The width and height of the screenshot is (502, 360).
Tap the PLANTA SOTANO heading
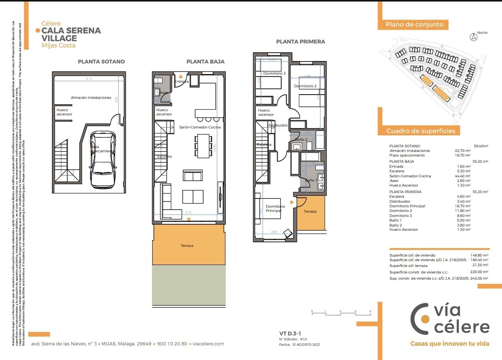pyautogui.click(x=101, y=62)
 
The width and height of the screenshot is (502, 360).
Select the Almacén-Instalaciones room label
pyautogui.click(x=91, y=98)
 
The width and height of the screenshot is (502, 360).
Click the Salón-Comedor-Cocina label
pyautogui.click(x=200, y=127)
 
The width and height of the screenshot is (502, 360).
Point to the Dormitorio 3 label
pyautogui.click(x=274, y=73)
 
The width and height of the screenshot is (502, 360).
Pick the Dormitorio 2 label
pyautogui.click(x=305, y=86)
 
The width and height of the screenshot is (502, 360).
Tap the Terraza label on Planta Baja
pyautogui.click(x=187, y=246)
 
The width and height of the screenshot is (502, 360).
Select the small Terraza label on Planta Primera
pyautogui.click(x=310, y=212)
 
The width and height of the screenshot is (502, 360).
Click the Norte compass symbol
pyautogui.click(x=474, y=37)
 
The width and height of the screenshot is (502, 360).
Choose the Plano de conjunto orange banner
pyautogui.click(x=415, y=25)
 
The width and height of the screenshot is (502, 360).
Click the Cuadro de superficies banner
pyautogui.click(x=420, y=131)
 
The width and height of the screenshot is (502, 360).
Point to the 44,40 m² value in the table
pyautogui.click(x=462, y=176)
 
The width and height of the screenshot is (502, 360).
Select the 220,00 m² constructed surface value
pyautogui.click(x=479, y=272)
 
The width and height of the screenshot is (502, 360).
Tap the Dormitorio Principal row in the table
pyautogui.click(x=407, y=206)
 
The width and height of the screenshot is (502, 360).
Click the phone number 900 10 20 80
pyautogui.click(x=172, y=344)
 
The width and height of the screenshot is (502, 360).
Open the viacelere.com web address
pyautogui.click(x=208, y=344)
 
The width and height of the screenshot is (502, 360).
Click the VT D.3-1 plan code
pyautogui.click(x=290, y=334)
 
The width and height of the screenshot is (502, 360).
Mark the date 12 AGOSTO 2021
pyautogui.click(x=306, y=345)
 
